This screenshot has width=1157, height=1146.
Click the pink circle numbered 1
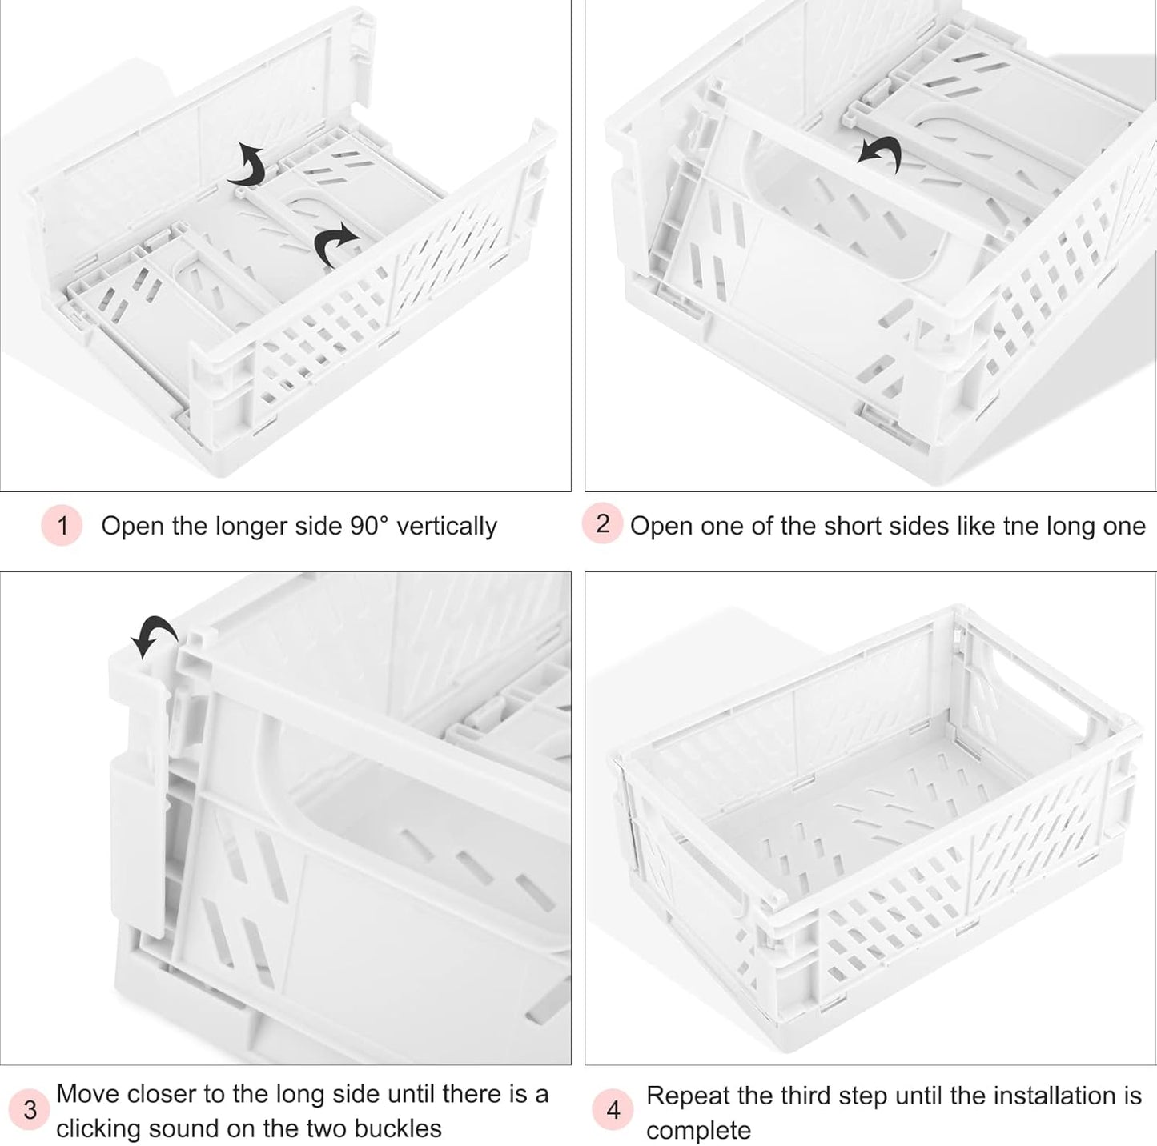pyautogui.click(x=62, y=526)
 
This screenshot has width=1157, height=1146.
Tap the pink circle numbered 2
pyautogui.click(x=602, y=524)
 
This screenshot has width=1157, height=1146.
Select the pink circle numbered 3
pyautogui.click(x=30, y=1110)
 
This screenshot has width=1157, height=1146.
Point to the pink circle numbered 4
pyautogui.click(x=613, y=1110)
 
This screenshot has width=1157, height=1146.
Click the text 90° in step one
pyautogui.click(x=369, y=526)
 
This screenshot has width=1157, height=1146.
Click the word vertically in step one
pyautogui.click(x=447, y=526)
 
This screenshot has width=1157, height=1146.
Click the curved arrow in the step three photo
pyautogui.click(x=154, y=635)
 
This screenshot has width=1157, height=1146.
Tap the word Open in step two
pyautogui.click(x=661, y=526)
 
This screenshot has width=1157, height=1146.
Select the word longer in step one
pyautogui.click(x=251, y=526)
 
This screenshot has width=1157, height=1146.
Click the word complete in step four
pyautogui.click(x=698, y=1131)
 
